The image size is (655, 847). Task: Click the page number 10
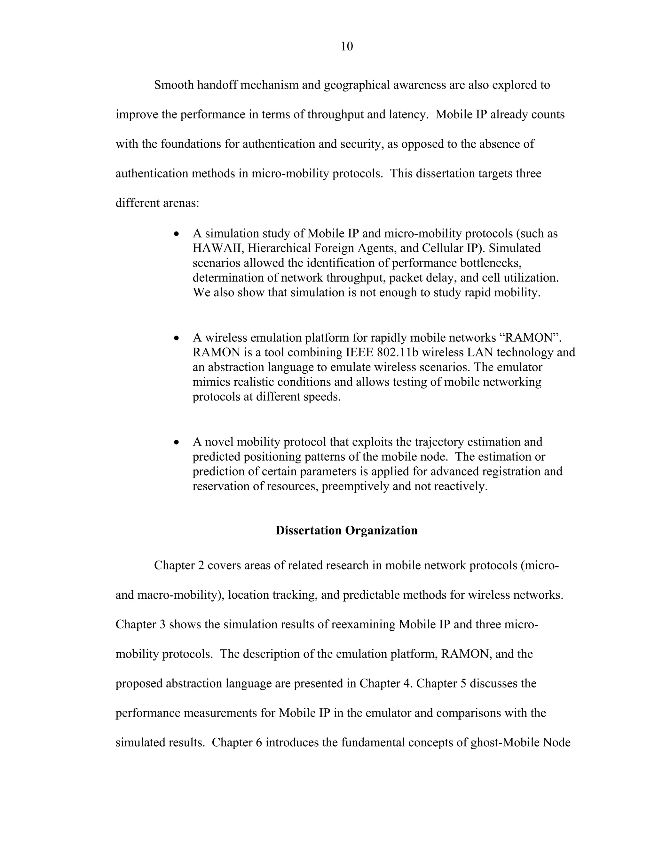pos(346,47)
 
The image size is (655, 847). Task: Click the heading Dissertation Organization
pos(346,530)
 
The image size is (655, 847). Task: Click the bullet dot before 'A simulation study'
pos(177,234)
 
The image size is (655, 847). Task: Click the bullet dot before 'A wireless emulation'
pos(177,338)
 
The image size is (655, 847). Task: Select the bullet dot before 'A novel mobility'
pos(177,442)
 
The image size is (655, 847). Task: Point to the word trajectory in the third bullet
pos(438,442)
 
